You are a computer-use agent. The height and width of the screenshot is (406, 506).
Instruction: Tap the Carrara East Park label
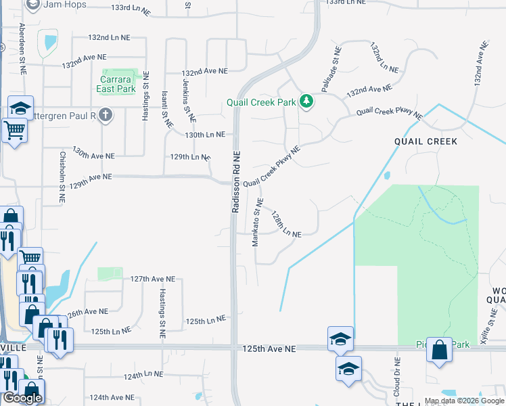(119, 84)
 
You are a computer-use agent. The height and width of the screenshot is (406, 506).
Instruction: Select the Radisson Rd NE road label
(236, 182)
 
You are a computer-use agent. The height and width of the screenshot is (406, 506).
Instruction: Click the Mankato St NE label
(258, 222)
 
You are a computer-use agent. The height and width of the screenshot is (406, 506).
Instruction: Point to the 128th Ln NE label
(285, 224)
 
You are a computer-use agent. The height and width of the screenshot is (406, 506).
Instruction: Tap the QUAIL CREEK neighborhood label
(426, 141)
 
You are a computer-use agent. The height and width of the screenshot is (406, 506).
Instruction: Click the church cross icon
(105, 115)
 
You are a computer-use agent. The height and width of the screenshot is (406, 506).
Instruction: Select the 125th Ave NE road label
(269, 348)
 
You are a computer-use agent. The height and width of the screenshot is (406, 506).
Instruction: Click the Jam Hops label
(65, 4)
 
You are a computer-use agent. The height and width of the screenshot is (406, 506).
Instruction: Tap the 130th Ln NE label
(204, 135)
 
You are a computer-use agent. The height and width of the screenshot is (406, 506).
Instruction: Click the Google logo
(22, 398)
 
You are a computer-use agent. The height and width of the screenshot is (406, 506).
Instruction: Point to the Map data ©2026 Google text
(464, 401)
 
